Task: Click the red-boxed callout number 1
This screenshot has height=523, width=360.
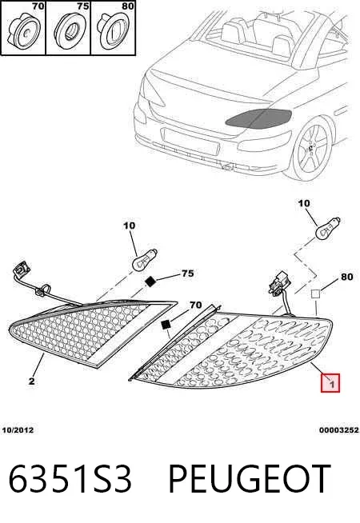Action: pyautogui.click(x=330, y=383)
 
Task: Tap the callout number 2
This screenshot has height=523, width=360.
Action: pyautogui.click(x=32, y=381)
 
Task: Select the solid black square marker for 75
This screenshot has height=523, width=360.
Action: pyautogui.click(x=150, y=281)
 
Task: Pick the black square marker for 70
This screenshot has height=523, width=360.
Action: pyautogui.click(x=166, y=324)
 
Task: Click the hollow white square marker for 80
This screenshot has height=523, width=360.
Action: pyautogui.click(x=316, y=293)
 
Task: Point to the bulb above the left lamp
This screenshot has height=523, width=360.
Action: pyautogui.click(x=145, y=259)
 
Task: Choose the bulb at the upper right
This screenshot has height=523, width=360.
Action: pyautogui.click(x=328, y=229)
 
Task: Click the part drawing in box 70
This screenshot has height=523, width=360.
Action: pyautogui.click(x=24, y=30)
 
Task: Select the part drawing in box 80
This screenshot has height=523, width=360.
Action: pyautogui.click(x=113, y=30)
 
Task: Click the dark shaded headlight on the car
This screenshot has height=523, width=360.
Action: pyautogui.click(x=258, y=118)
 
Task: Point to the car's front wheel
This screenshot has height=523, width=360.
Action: pyautogui.click(x=313, y=148)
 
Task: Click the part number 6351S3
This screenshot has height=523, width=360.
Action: pyautogui.click(x=70, y=479)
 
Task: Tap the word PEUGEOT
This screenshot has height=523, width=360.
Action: pyautogui.click(x=250, y=479)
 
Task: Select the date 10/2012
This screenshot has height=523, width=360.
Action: pyautogui.click(x=18, y=430)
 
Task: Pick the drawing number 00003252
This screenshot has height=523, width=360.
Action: pyautogui.click(x=338, y=430)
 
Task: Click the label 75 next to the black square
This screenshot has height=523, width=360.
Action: pyautogui.click(x=187, y=273)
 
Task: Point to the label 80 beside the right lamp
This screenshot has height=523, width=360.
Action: pyautogui.click(x=346, y=277)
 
